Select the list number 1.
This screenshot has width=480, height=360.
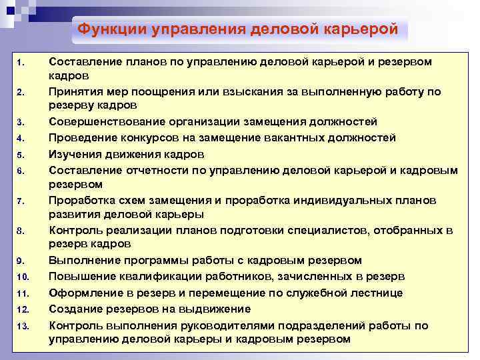coord(21,63)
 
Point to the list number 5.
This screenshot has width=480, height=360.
coord(21,155)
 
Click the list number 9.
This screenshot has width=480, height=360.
coord(21,261)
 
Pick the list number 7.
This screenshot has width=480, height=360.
coord(21,201)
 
